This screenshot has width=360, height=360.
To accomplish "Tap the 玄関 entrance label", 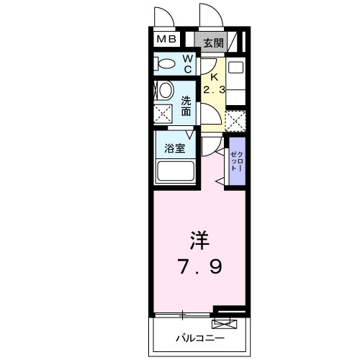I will point(212,42).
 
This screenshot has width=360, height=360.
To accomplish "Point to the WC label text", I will point(186,64).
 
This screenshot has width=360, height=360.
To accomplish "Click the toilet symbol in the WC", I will point(165,65).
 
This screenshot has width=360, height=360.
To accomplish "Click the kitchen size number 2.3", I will point(213,91).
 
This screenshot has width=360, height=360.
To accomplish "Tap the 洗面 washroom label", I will point(186,107).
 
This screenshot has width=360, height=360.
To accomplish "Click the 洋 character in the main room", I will point(201,239).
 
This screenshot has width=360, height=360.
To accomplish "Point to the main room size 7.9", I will point(201,267).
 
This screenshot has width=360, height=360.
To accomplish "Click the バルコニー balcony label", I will point(201,337).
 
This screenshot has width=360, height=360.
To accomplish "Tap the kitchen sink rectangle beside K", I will point(236,70).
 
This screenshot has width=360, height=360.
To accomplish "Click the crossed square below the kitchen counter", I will point(236,120).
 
